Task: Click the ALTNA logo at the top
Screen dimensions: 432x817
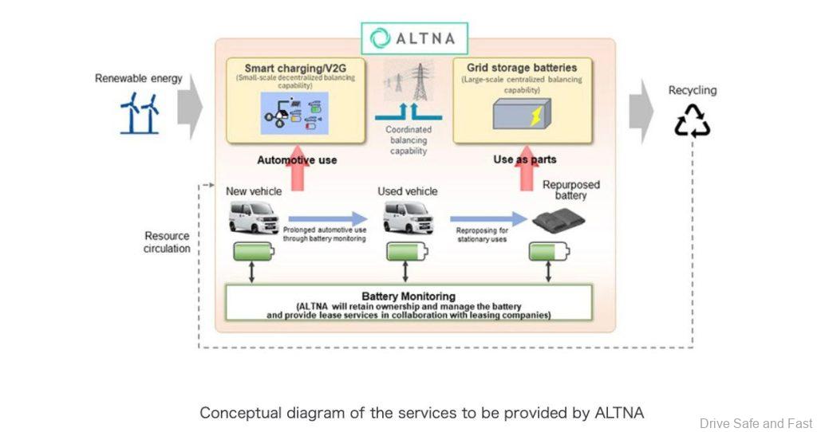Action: point(414,38)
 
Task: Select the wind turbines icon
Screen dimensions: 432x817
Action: point(139,112)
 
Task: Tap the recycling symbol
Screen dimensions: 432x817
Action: point(692,120)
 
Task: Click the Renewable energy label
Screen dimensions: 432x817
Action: point(138,78)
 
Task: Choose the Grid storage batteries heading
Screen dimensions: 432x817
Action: point(522,68)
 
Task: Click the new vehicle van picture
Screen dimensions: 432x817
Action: point(253,217)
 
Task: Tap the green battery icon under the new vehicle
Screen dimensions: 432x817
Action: point(253,252)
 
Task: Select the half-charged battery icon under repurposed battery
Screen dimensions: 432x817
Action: point(549,252)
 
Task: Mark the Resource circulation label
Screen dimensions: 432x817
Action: point(167,242)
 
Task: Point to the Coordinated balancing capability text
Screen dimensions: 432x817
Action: point(408,139)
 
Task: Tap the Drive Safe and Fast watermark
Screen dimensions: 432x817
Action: point(756,423)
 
